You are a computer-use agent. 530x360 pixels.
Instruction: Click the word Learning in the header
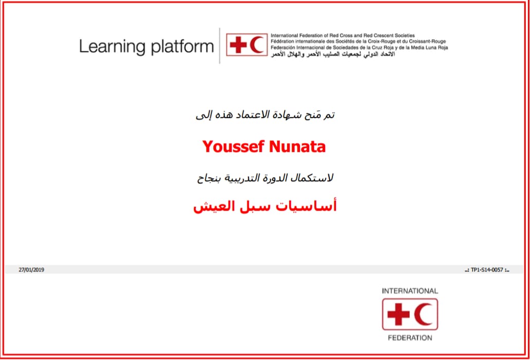coord(113,47)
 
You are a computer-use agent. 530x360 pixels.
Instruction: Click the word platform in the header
coord(183,47)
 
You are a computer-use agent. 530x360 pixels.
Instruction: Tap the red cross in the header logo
coord(239,45)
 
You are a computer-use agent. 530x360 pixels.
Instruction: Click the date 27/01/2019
coord(31,270)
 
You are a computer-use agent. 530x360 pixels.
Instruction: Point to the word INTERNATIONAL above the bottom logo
coord(410,291)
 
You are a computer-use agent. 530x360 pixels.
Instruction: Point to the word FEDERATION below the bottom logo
coord(410,338)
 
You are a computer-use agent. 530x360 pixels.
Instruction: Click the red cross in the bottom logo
coord(398,314)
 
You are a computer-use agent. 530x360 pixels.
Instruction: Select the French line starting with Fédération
coord(358,42)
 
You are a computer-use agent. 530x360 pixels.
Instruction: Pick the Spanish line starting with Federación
coord(359,48)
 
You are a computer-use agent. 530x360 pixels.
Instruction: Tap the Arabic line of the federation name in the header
coord(332,54)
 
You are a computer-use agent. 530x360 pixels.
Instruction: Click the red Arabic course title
coord(264,207)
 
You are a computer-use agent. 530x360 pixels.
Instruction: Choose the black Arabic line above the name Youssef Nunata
coord(266,115)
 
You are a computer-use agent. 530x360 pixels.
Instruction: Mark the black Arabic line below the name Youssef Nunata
coord(266,178)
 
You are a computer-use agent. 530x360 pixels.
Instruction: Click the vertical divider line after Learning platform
coord(220,46)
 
